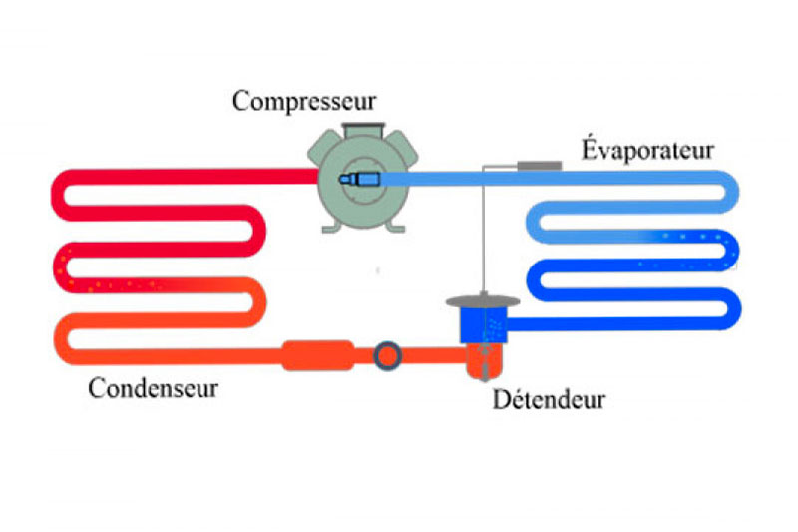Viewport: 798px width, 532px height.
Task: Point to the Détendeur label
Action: tap(549, 401)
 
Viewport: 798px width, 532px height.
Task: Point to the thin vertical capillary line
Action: tap(484, 230)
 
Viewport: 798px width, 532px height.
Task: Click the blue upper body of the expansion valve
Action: tap(483, 323)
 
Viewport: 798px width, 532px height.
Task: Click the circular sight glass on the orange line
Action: tap(387, 355)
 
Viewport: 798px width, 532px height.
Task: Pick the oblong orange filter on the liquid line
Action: tap(318, 355)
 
